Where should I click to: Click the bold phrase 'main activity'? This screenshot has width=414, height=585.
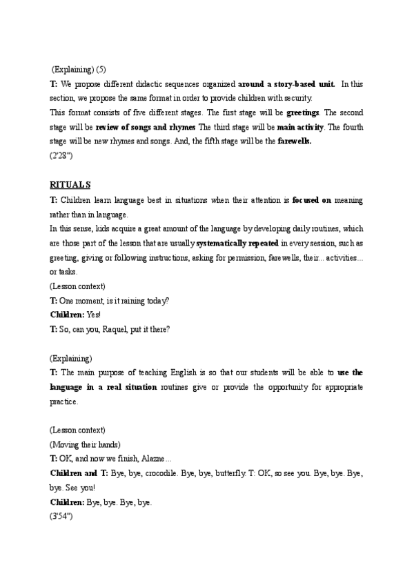[299, 127]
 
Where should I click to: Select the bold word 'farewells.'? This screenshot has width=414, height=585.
[295, 141]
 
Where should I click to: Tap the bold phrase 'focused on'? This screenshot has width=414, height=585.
[311, 199]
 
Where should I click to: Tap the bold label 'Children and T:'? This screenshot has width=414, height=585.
[79, 473]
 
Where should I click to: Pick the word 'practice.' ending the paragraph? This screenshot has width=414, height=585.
[64, 401]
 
